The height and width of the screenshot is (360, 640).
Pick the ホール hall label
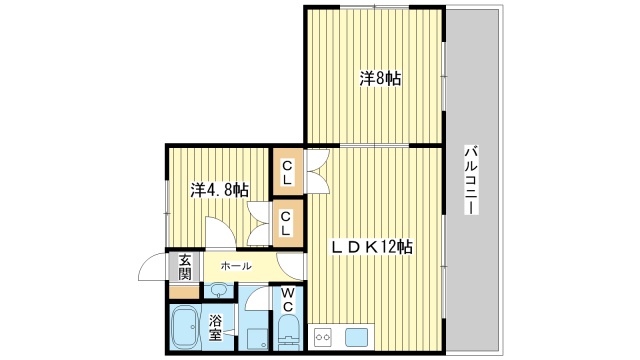click(236, 266)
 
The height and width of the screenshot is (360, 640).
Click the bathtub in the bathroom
click(186, 326)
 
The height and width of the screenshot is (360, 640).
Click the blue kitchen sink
click(357, 337)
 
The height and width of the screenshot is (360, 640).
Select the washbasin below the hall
click(219, 291)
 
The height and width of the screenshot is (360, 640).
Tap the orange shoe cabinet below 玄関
click(182, 291)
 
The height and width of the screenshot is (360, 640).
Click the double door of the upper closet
click(317, 170)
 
